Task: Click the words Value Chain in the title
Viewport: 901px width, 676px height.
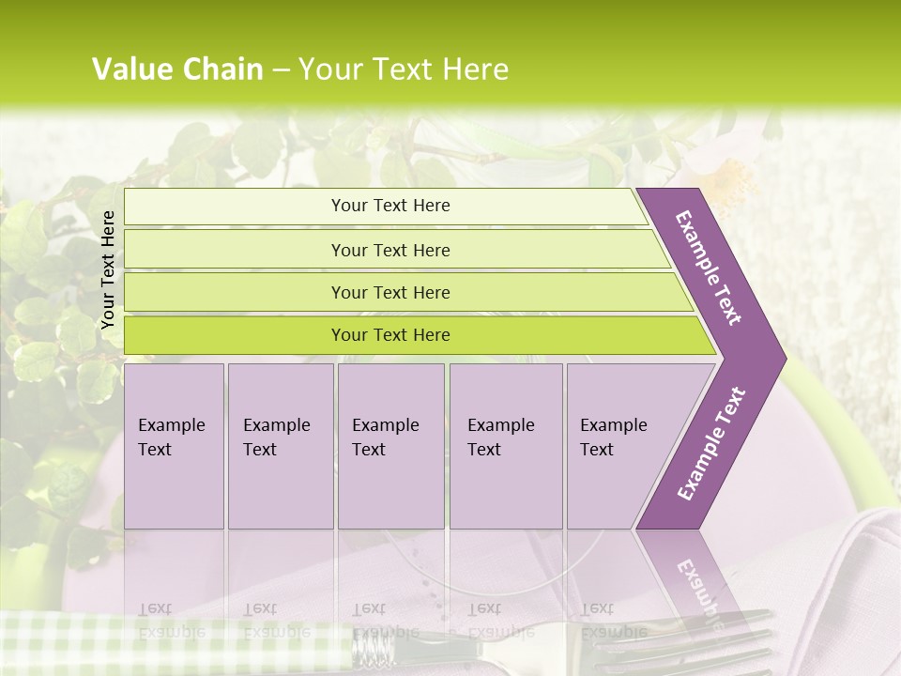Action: (177, 69)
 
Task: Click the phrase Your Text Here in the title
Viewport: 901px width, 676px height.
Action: (404, 69)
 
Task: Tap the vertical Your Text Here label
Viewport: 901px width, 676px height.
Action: (108, 269)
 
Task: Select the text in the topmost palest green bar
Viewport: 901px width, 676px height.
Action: (390, 206)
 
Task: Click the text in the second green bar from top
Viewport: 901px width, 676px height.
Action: (390, 250)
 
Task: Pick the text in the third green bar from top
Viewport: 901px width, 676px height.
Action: (390, 292)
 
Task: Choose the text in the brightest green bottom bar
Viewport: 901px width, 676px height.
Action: (390, 335)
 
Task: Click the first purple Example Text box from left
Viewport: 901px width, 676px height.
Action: (174, 445)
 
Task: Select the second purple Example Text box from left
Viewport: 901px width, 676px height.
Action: (280, 445)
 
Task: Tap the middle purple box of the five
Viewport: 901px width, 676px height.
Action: (390, 445)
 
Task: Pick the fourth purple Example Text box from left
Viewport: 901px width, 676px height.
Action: (505, 445)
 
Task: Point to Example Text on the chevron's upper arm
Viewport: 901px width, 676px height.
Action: (709, 268)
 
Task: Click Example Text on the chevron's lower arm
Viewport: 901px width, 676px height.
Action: (711, 443)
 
